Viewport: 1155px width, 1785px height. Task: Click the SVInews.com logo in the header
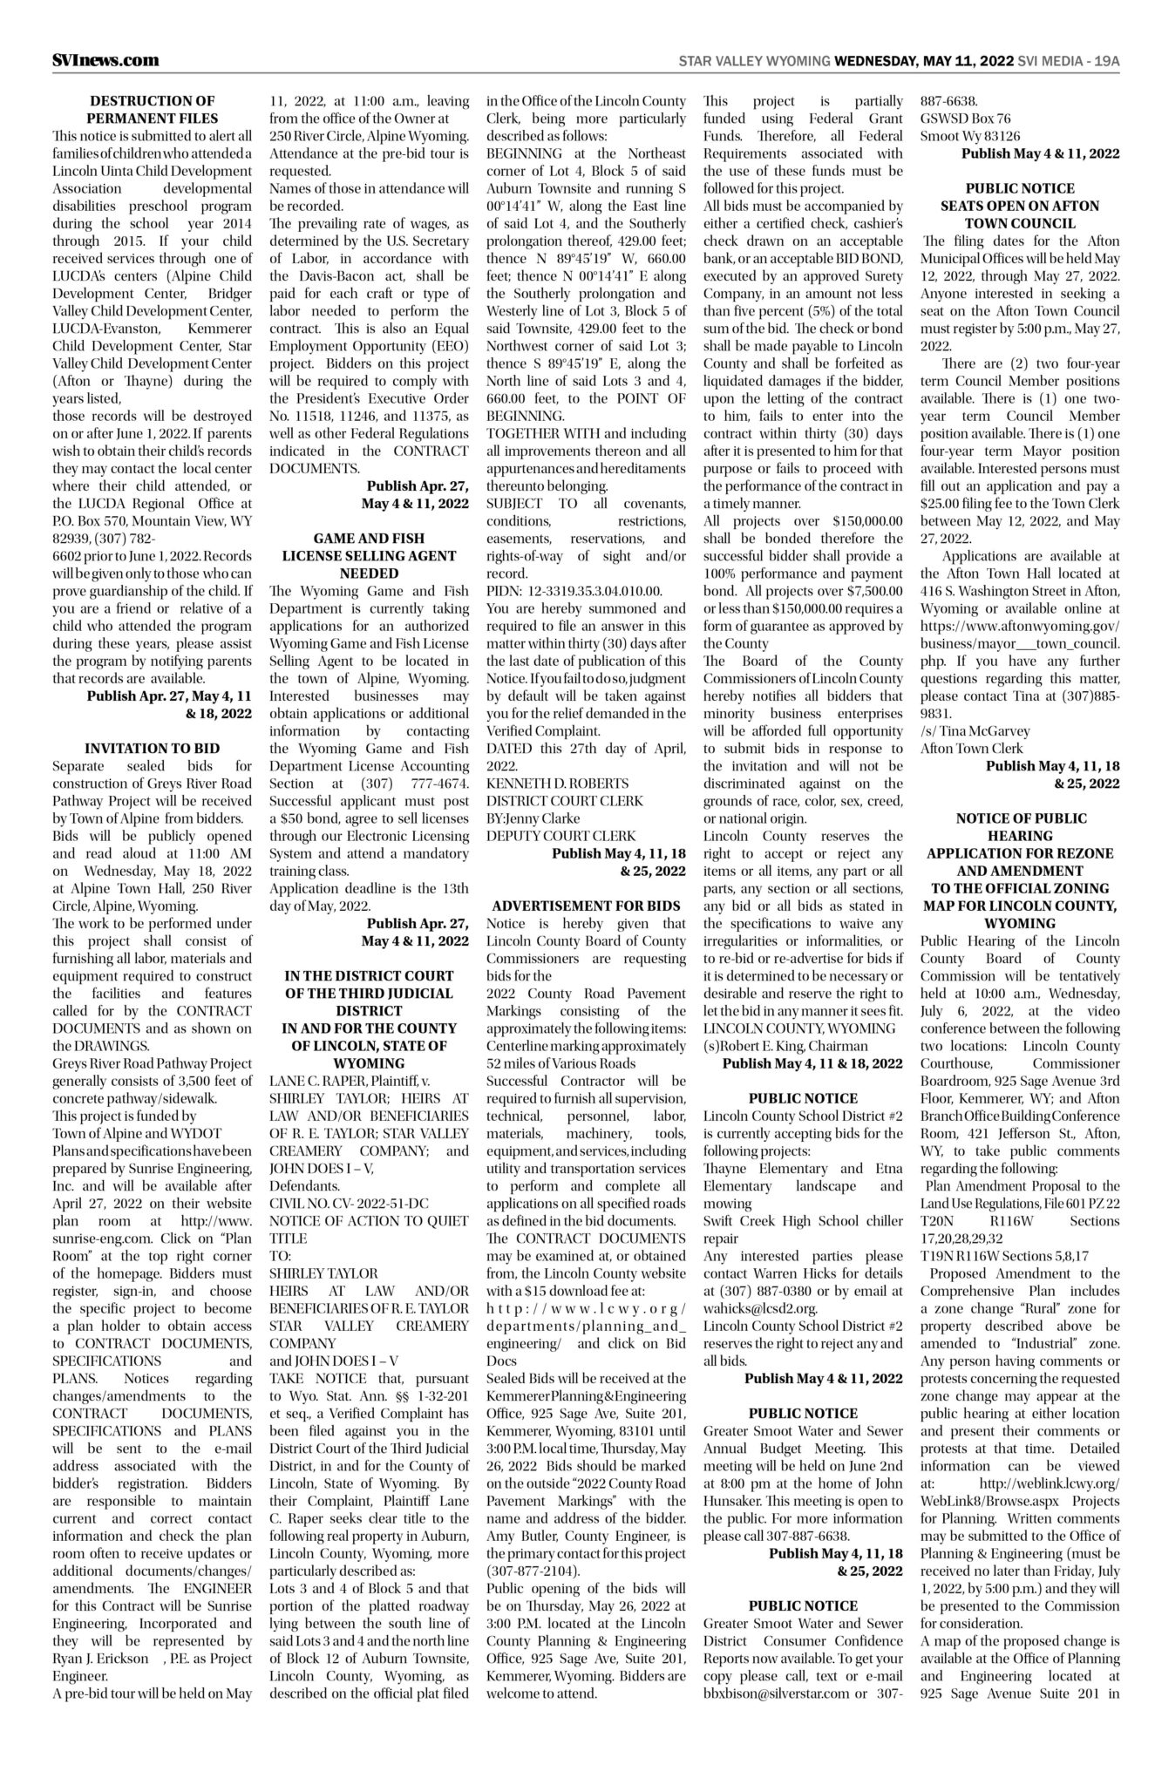pyautogui.click(x=105, y=60)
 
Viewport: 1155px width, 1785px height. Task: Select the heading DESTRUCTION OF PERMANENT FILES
pyautogui.click(x=153, y=110)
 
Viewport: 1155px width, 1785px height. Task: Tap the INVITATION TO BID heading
pyautogui.click(x=152, y=748)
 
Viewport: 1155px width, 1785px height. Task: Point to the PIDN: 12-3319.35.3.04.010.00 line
pyautogui.click(x=574, y=591)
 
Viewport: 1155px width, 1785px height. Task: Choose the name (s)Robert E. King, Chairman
pyautogui.click(x=785, y=1045)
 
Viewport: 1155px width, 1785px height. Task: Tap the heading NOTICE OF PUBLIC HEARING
pyautogui.click(x=1020, y=826)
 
